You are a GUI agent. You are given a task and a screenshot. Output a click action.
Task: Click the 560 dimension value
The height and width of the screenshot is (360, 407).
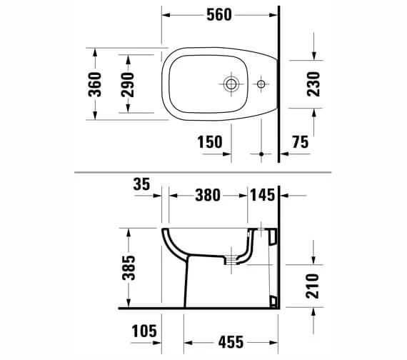pyautogui.click(x=219, y=15)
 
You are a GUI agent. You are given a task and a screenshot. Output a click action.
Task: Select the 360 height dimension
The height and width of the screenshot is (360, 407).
pyautogui.click(x=95, y=84)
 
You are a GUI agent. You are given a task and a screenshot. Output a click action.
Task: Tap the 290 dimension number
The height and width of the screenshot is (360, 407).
pyautogui.click(x=128, y=85)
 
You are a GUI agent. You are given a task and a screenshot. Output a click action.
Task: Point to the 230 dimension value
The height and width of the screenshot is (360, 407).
pyautogui.click(x=313, y=84)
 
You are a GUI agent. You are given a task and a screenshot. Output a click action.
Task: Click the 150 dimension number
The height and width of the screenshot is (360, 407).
pyautogui.click(x=210, y=142)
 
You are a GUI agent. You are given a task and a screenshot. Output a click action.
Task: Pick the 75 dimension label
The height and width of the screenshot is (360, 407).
pyautogui.click(x=301, y=142)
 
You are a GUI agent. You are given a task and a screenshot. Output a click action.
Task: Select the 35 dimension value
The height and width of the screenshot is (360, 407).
pyautogui.click(x=141, y=184)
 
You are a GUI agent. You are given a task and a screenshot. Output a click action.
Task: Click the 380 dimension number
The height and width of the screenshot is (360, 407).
pyautogui.click(x=208, y=195)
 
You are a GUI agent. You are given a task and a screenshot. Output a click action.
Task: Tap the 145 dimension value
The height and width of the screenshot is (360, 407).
pyautogui.click(x=263, y=195)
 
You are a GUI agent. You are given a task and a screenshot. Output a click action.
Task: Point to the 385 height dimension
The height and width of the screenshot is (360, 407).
pyautogui.click(x=129, y=268)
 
